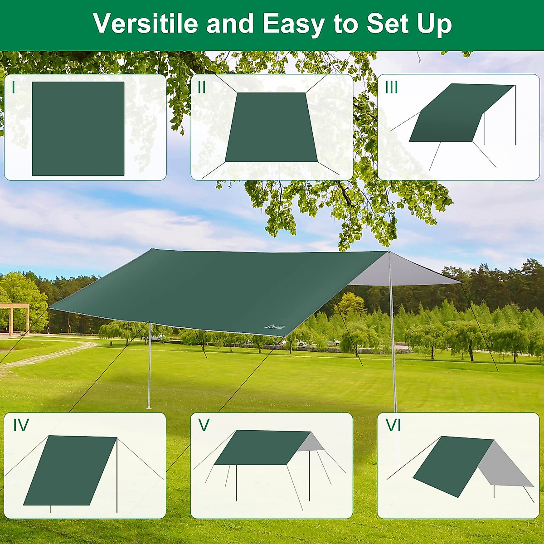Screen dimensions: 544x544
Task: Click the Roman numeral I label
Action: pos(14,87)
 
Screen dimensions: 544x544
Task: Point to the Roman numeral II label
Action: pos(202,87)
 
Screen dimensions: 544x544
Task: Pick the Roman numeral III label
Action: pos(391,87)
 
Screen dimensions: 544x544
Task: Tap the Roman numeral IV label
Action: pos(21,425)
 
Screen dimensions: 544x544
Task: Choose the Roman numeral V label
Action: pos(204,425)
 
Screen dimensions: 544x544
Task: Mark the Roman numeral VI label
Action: pos(393,425)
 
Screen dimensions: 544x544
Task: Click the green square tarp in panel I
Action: pos(78,129)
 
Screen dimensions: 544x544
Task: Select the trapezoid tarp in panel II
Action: pos(271,128)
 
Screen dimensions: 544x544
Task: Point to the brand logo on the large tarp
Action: pos(275,326)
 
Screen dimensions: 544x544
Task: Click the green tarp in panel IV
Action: pos(70,471)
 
